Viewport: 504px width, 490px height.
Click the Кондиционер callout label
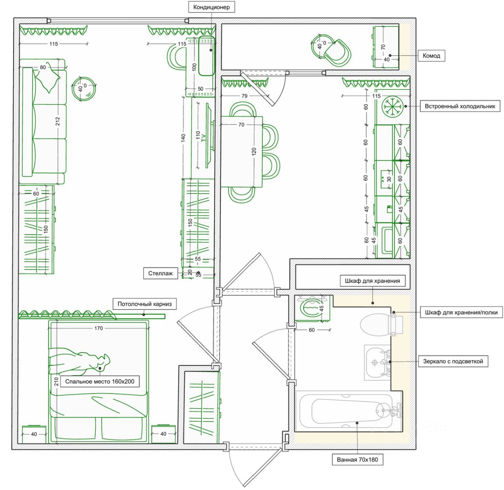[211, 7]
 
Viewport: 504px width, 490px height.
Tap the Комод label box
[431, 55]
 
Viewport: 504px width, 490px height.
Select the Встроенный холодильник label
[460, 106]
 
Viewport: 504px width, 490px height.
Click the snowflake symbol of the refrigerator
[393, 106]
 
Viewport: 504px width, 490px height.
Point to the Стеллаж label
[160, 273]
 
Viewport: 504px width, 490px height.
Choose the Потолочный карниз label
[145, 304]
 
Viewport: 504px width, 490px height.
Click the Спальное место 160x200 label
[100, 381]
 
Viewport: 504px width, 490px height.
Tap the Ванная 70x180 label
[357, 459]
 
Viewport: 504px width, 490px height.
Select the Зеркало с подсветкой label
[453, 361]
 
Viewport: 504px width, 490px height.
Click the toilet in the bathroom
[378, 325]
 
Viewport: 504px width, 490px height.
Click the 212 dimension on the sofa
[58, 121]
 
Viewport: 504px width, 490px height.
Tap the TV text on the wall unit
[204, 138]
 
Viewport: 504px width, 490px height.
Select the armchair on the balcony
[337, 53]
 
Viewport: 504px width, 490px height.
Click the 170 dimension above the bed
[98, 328]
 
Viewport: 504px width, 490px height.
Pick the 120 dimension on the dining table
[254, 151]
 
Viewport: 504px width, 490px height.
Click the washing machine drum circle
[311, 307]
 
